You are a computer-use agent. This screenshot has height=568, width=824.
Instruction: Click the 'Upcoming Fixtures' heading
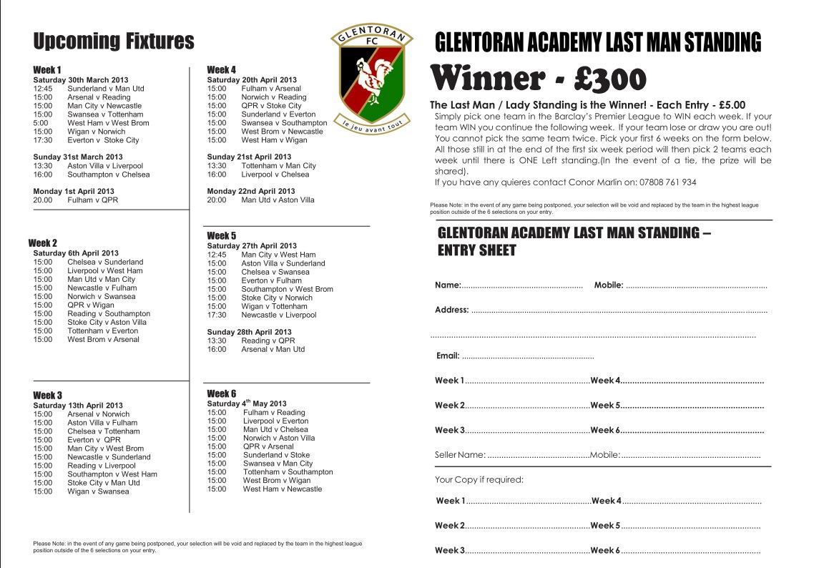click(114, 41)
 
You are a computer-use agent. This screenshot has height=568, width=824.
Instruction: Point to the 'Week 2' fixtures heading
click(42, 243)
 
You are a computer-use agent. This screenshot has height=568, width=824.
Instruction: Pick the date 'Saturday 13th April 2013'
click(78, 406)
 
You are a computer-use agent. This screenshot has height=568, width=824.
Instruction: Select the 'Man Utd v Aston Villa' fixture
click(278, 200)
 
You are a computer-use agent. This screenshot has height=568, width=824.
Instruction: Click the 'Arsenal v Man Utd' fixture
click(273, 349)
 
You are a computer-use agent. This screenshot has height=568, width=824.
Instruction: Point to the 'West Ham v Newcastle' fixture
click(283, 489)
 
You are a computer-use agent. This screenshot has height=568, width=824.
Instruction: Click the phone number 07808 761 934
click(661, 182)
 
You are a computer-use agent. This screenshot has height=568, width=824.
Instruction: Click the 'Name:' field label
click(448, 286)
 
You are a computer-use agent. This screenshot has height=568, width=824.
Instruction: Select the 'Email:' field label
click(448, 356)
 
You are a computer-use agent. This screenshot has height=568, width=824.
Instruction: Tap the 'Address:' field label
click(452, 310)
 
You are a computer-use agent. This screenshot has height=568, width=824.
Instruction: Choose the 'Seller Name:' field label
click(461, 455)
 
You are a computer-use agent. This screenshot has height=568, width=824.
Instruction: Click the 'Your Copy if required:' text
click(479, 479)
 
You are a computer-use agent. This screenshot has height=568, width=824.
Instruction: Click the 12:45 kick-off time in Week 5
click(216, 255)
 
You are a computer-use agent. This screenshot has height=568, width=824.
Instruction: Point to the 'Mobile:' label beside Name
click(609, 286)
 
